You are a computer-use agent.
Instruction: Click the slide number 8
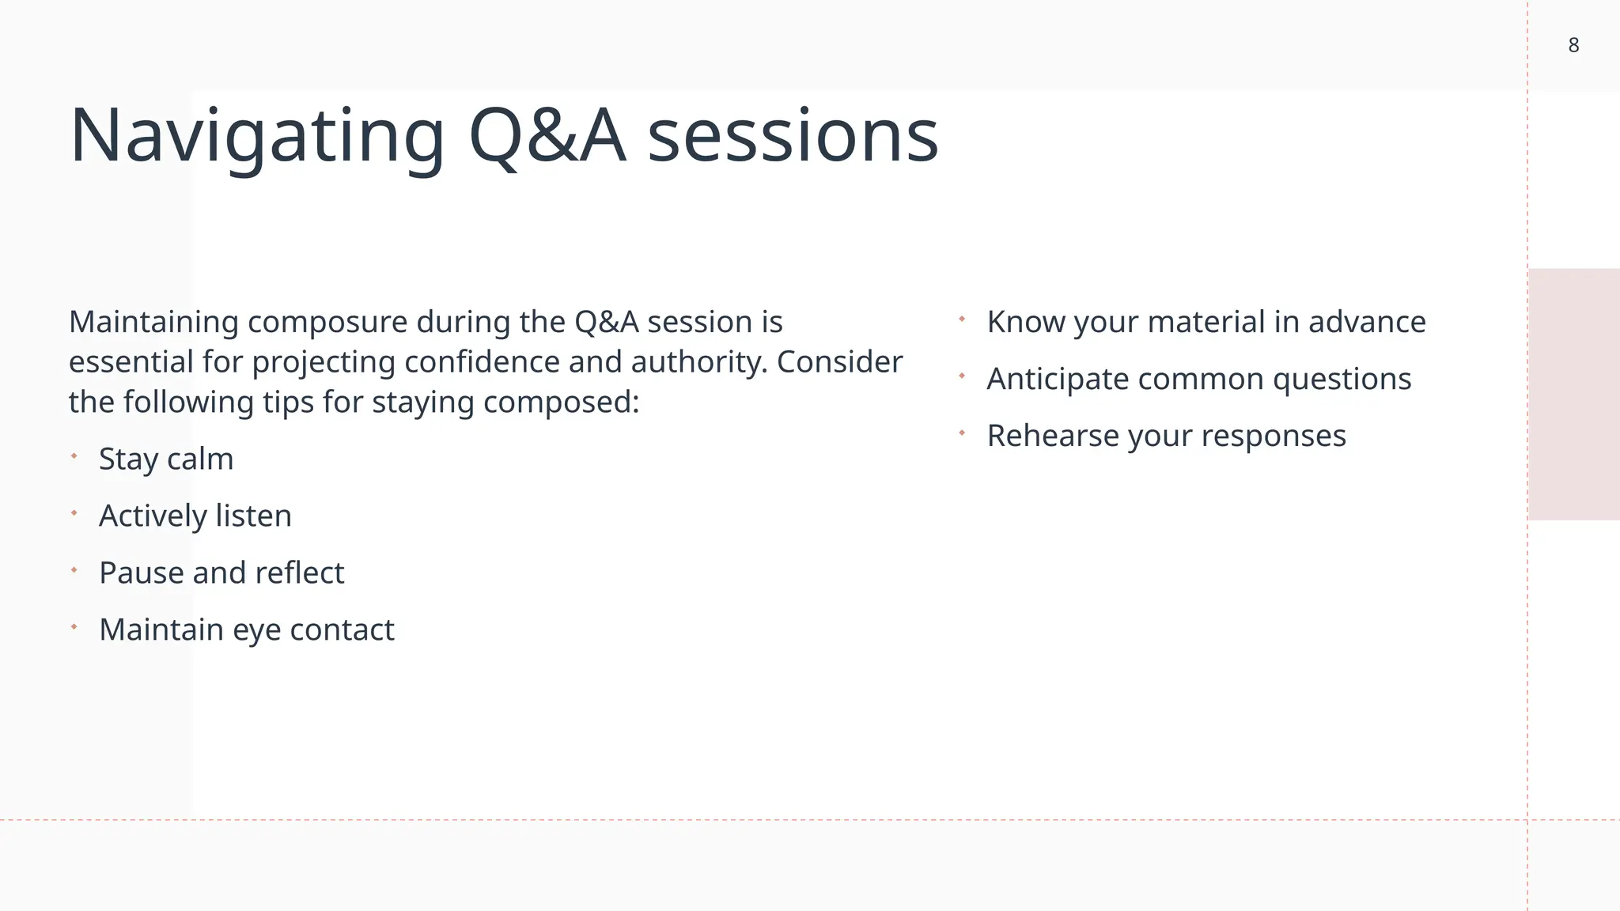pyautogui.click(x=1573, y=46)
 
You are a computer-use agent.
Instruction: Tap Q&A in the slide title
pyautogui.click(x=547, y=136)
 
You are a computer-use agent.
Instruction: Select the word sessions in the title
pyautogui.click(x=793, y=136)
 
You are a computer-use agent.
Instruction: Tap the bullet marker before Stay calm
pyautogui.click(x=74, y=456)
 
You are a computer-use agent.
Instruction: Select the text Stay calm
pyautogui.click(x=166, y=459)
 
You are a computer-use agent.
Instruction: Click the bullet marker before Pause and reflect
pyautogui.click(x=74, y=570)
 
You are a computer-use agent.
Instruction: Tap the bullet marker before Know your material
pyautogui.click(x=962, y=319)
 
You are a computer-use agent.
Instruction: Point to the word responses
pyautogui.click(x=1276, y=437)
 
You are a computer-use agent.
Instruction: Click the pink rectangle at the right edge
pyautogui.click(x=1574, y=394)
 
